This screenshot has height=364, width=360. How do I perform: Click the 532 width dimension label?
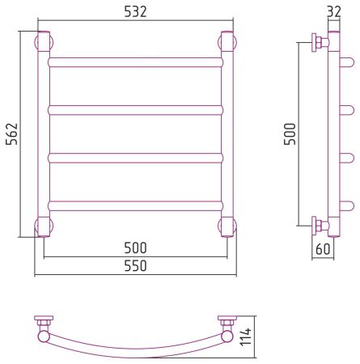135,11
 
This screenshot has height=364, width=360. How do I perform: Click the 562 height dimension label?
12,134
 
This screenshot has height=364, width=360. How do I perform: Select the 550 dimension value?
135,265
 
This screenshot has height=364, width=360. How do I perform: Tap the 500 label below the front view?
135,248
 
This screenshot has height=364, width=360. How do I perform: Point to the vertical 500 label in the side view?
290,134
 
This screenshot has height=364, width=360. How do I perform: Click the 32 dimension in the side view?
334,11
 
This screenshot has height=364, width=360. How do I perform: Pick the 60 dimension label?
323,248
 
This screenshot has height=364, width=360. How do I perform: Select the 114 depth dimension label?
246,336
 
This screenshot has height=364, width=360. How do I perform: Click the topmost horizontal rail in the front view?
135,62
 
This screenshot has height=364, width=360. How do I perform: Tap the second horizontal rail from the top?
135,110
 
